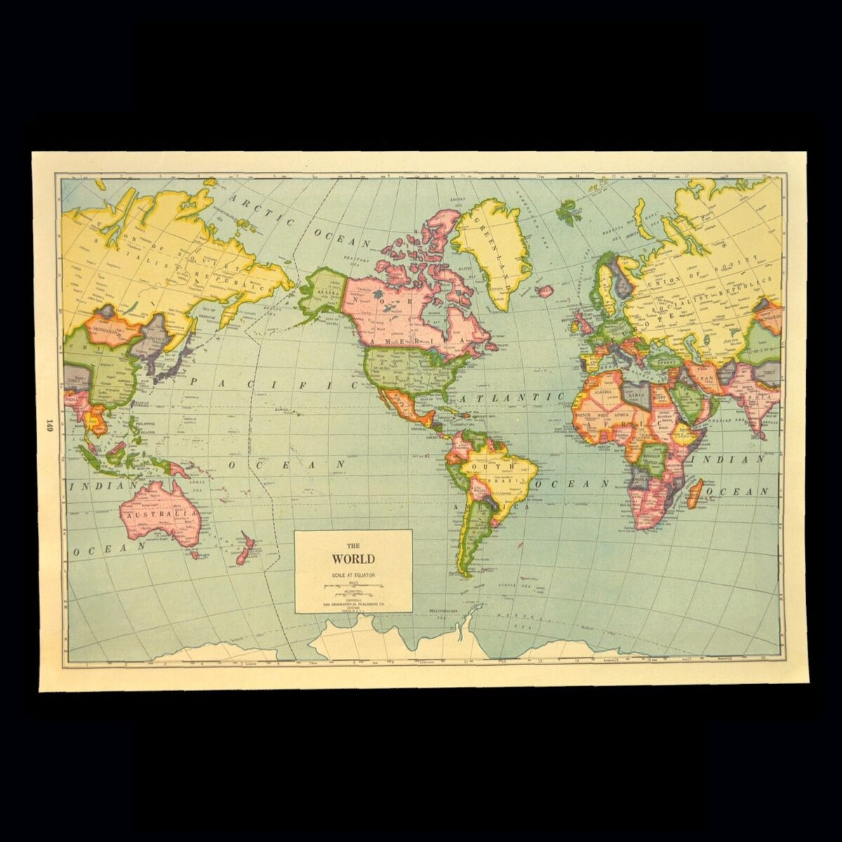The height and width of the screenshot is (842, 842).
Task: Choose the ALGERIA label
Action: (x=604, y=382)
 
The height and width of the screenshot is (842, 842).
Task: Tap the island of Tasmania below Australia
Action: (x=195, y=554)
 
